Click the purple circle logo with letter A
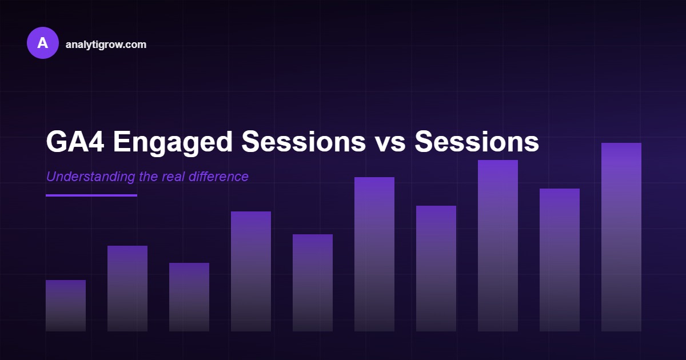(x=43, y=43)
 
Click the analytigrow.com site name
(x=106, y=45)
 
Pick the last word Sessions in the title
(x=477, y=142)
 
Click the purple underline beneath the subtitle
(x=91, y=195)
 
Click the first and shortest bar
(x=66, y=306)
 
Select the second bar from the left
(x=127, y=289)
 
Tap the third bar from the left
(x=189, y=297)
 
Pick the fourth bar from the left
(x=251, y=271)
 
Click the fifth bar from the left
(x=313, y=283)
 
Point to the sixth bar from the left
(x=374, y=254)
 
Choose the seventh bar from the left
(x=436, y=269)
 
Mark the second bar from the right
(x=560, y=260)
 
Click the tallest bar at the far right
(x=621, y=237)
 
